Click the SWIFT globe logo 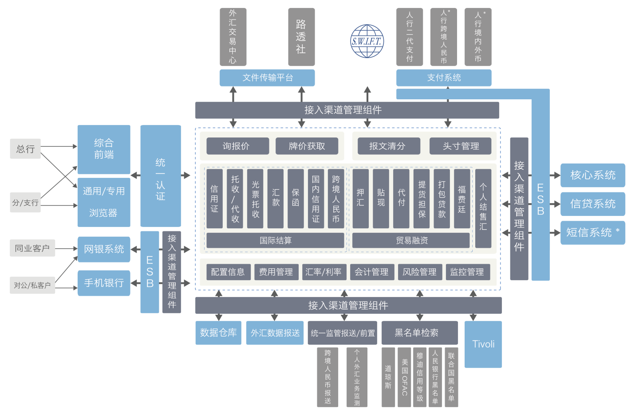click(x=367, y=41)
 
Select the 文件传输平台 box click(x=267, y=78)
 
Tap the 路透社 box click(x=301, y=37)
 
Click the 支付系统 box click(x=444, y=78)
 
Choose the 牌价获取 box click(x=307, y=146)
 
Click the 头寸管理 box click(x=461, y=146)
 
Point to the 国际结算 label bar click(x=275, y=240)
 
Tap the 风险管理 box click(x=419, y=272)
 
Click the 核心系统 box click(x=593, y=175)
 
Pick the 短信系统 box click(x=593, y=232)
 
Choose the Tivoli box click(x=483, y=344)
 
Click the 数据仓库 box click(x=218, y=333)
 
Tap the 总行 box click(x=25, y=149)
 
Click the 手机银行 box click(x=104, y=283)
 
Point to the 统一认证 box click(x=161, y=176)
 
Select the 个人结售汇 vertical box click(x=483, y=208)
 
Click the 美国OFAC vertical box click(x=404, y=377)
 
